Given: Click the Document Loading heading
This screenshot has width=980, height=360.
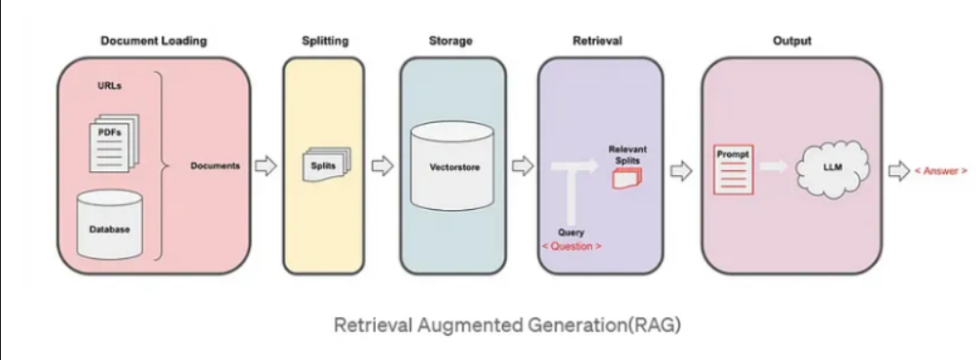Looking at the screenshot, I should [x=154, y=41].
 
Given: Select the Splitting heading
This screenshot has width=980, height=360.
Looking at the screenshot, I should [x=323, y=41].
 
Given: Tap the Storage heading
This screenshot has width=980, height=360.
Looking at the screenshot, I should [x=453, y=41].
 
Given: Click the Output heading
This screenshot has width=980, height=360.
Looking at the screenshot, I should [x=791, y=41].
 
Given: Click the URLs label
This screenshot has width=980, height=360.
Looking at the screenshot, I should [x=109, y=86].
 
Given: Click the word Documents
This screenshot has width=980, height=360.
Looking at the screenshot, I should [x=215, y=165].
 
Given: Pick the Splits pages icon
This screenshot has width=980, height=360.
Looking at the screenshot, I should [x=323, y=166].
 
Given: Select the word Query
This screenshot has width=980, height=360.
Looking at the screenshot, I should [x=570, y=233].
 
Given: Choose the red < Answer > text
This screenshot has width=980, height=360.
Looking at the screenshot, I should [x=940, y=170].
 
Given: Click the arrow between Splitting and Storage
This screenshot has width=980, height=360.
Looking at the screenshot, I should [x=382, y=166].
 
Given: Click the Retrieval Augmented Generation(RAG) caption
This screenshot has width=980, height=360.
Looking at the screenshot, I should [x=507, y=324].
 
